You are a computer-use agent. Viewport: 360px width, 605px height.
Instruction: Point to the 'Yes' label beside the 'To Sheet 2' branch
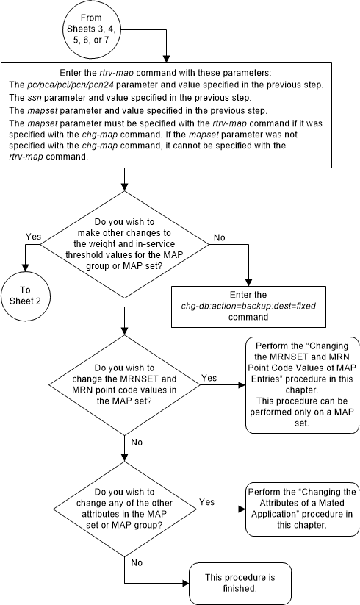click(x=33, y=237)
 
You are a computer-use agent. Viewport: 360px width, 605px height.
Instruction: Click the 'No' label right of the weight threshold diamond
click(x=217, y=237)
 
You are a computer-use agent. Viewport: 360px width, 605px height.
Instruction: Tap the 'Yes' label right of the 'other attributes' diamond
click(x=206, y=503)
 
